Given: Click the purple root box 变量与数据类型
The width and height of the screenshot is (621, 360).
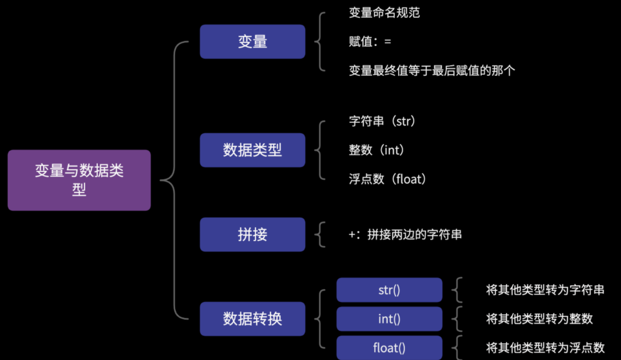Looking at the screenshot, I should tap(79, 180).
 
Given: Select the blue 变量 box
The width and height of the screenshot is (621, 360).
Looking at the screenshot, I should tap(252, 41).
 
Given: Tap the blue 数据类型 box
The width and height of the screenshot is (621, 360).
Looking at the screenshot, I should tap(252, 150).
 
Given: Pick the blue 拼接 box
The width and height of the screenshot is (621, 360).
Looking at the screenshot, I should tap(252, 234).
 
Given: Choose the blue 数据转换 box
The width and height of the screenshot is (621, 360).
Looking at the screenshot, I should tap(252, 319).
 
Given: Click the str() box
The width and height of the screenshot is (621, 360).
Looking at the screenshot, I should tap(389, 290).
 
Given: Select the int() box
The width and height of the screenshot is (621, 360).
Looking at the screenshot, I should tap(389, 319).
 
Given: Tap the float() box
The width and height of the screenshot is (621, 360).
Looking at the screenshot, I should tap(389, 348).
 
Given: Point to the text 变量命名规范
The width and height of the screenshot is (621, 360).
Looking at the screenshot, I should tap(384, 12).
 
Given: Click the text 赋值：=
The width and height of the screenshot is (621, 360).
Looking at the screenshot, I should tap(370, 41).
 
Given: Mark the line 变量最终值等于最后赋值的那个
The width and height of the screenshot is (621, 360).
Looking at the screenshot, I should tap(432, 71).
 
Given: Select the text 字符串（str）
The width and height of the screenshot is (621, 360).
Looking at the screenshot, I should tap(382, 121).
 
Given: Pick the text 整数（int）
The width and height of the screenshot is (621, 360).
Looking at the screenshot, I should tap(377, 150).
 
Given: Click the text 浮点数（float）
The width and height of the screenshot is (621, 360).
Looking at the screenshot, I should tap(388, 179).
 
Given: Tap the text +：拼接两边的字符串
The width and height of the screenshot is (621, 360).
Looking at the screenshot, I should tap(405, 234).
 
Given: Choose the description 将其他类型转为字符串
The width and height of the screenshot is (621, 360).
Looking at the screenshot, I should tap(545, 290).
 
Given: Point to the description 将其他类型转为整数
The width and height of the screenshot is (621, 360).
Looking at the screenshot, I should tap(539, 319).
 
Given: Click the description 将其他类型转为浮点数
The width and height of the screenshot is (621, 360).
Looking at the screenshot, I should tap(545, 348).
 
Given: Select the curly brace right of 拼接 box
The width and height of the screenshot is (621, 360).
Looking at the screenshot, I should tap(320, 234).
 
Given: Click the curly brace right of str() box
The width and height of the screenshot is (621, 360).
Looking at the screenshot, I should tap(457, 290).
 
